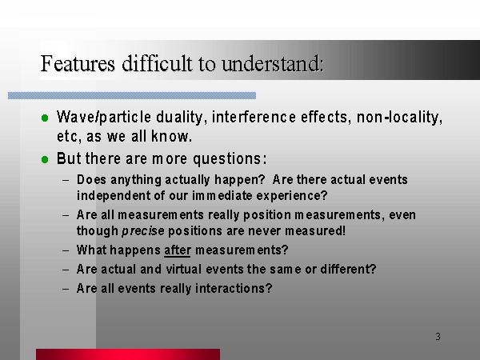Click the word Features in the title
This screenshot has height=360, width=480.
tap(78, 64)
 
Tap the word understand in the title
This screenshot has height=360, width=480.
tap(273, 64)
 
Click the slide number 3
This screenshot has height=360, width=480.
tap(438, 337)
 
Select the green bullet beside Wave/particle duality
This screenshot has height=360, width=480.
tap(45, 118)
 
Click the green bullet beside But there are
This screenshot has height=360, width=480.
tap(45, 159)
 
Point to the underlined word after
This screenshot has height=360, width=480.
tap(178, 250)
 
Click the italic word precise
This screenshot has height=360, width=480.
tap(143, 231)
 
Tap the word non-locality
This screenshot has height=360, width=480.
tap(400, 118)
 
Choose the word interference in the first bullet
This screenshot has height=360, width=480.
tap(254, 117)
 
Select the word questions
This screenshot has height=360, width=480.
tap(230, 159)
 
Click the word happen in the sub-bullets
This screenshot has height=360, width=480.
tap(239, 180)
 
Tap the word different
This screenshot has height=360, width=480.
tap(348, 269)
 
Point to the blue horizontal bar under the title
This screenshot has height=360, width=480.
tap(132, 95)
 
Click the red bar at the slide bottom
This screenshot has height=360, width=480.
tap(128, 354)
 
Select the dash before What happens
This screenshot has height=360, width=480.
tap(66, 250)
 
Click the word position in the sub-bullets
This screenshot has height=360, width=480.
tap(267, 215)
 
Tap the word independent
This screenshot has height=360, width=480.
tap(114, 196)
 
